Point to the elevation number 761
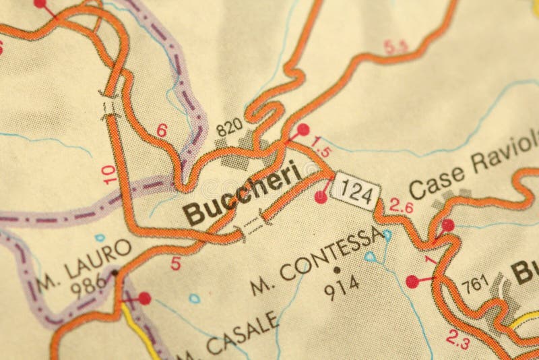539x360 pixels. (474, 284)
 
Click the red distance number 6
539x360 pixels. (162, 130)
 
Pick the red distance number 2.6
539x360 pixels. (401, 208)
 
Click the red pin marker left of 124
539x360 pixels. (321, 197)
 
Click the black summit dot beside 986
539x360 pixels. (115, 273)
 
